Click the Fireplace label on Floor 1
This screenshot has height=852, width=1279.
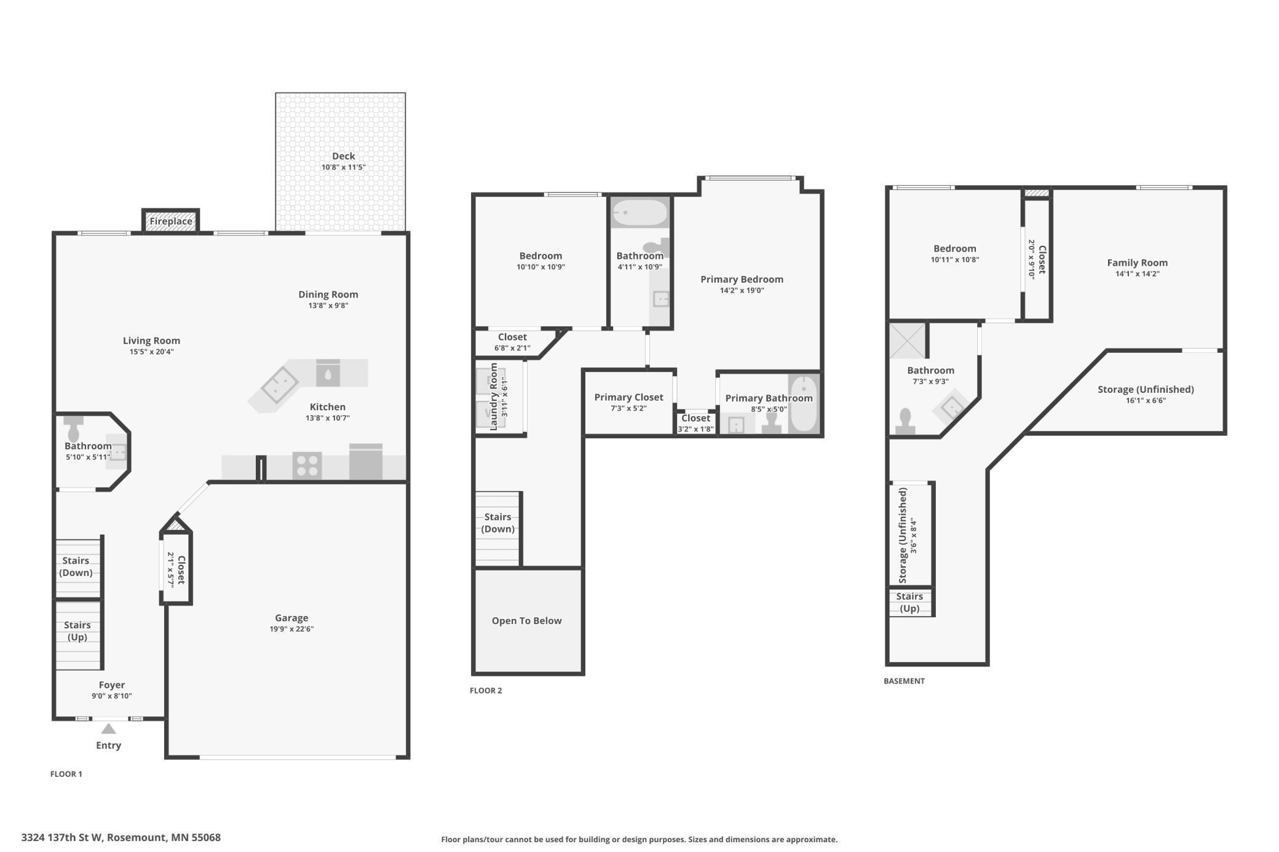tap(171, 221)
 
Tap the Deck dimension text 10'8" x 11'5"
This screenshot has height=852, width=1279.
tap(343, 167)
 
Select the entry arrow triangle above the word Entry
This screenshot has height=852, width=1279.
tap(108, 729)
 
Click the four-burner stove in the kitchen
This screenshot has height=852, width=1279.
tap(307, 465)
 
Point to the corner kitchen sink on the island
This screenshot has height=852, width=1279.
tap(279, 385)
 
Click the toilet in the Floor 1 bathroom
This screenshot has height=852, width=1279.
tap(74, 428)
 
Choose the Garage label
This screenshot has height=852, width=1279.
tap(291, 618)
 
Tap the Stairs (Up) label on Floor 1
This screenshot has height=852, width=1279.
tap(77, 631)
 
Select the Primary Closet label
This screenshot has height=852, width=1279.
tap(628, 397)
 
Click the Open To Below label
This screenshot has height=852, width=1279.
tap(526, 621)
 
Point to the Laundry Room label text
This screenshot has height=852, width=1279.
tap(493, 396)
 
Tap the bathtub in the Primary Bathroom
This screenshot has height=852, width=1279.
tap(804, 404)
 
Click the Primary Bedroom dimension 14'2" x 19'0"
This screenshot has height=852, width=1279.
tap(742, 290)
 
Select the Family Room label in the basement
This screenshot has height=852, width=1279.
tap(1137, 262)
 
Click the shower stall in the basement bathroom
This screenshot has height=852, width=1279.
tap(907, 341)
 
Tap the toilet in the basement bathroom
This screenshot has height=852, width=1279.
tap(905, 422)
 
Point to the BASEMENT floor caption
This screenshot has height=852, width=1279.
tap(904, 681)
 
